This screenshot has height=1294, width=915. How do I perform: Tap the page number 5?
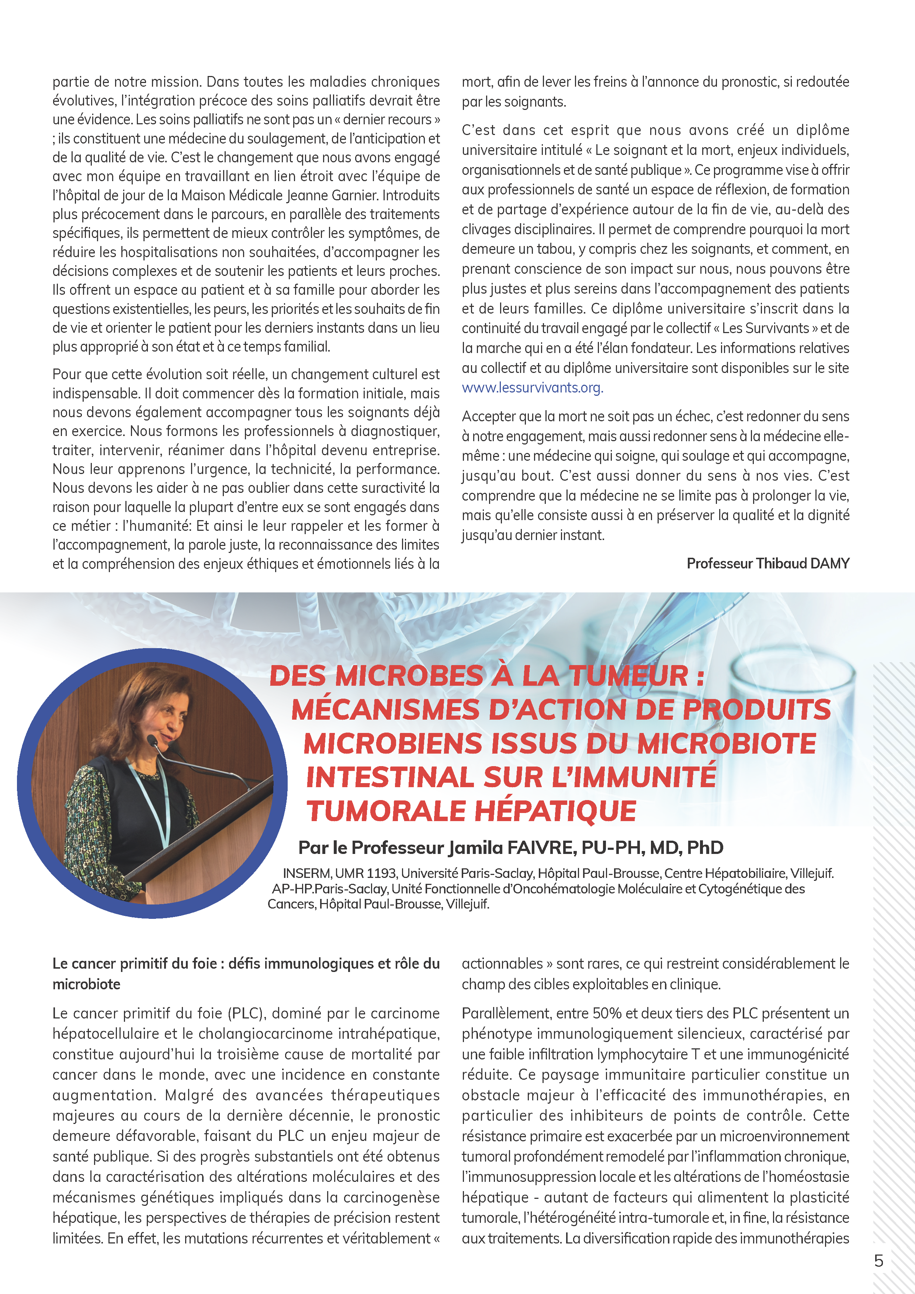click(x=878, y=1260)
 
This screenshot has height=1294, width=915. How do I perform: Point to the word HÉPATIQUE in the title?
click(x=555, y=811)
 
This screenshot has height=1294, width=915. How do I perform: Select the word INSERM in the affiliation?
click(x=306, y=873)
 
